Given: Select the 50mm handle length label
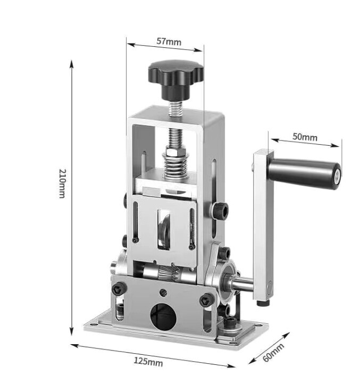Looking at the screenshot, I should pos(305,137).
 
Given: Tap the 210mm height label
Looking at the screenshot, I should pos(62,184).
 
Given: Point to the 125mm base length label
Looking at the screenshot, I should pos(148,362).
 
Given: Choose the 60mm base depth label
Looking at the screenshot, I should pos(273,352).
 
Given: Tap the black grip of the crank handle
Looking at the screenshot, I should pos(300,172).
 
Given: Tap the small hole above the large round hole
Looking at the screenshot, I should pos(163,293).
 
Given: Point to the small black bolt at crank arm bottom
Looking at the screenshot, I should pos(261,304).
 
